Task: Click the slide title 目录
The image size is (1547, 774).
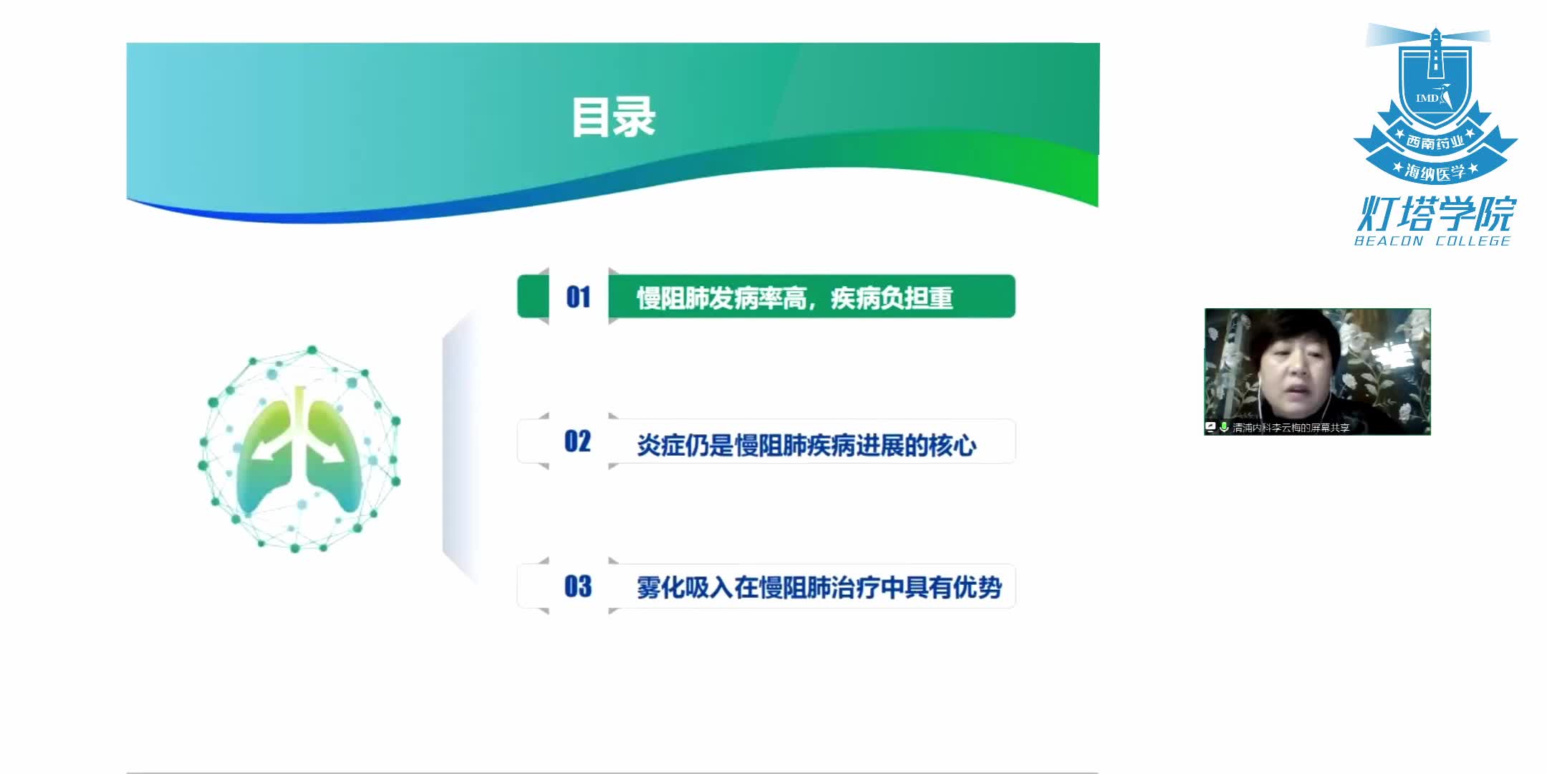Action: click(x=613, y=118)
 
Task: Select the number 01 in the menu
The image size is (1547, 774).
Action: click(x=578, y=297)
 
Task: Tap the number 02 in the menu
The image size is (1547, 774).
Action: click(x=578, y=441)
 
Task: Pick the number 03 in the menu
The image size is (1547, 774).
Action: click(x=578, y=587)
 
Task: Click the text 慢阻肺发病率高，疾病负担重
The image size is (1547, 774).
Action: click(x=794, y=297)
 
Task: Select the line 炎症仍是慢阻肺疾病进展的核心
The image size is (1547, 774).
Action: click(x=806, y=445)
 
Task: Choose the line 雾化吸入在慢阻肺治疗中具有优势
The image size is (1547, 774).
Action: click(x=819, y=588)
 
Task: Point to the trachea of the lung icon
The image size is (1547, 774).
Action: click(x=300, y=412)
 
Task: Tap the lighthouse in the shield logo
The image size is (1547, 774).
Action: click(x=1435, y=54)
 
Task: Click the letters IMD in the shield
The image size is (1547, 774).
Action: click(x=1427, y=98)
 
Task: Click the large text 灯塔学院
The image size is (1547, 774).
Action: click(x=1437, y=214)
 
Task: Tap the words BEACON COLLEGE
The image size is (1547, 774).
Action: click(x=1432, y=242)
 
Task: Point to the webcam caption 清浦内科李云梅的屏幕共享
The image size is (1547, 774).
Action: click(x=1291, y=428)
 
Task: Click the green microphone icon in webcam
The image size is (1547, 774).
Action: click(x=1224, y=427)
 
